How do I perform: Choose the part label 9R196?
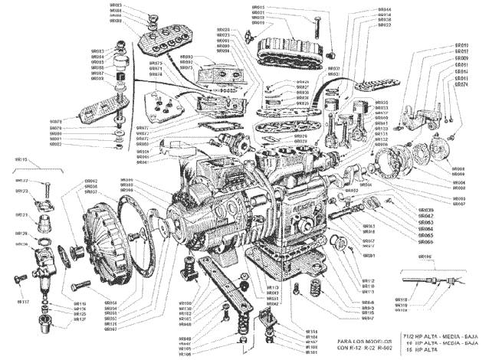[424, 257]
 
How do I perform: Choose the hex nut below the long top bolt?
[332, 55]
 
